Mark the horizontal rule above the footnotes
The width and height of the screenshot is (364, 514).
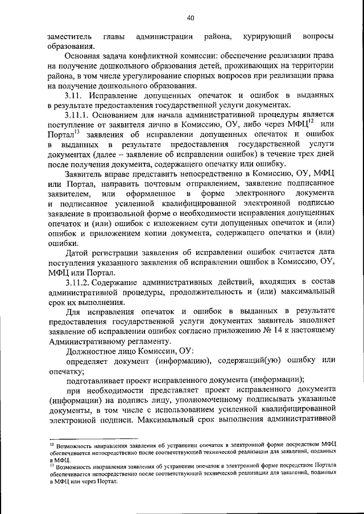[93, 438]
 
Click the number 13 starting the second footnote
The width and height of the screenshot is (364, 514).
[51, 465]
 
